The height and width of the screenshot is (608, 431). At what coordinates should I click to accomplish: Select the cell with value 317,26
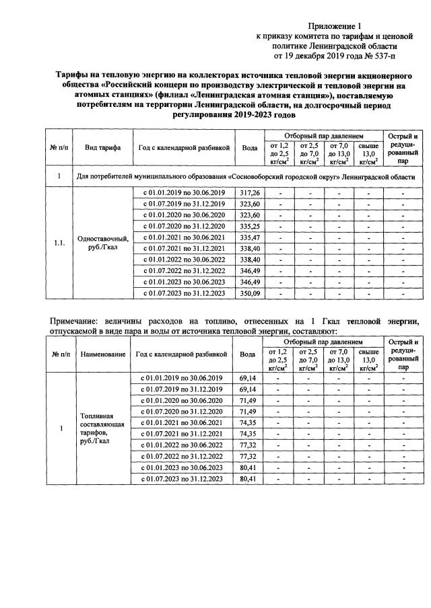pyautogui.click(x=249, y=193)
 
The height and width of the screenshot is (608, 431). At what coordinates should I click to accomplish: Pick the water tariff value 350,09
pyautogui.click(x=249, y=293)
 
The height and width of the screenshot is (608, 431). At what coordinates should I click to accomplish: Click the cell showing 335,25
pyautogui.click(x=249, y=227)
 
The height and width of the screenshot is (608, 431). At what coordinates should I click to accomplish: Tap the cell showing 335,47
pyautogui.click(x=249, y=237)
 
